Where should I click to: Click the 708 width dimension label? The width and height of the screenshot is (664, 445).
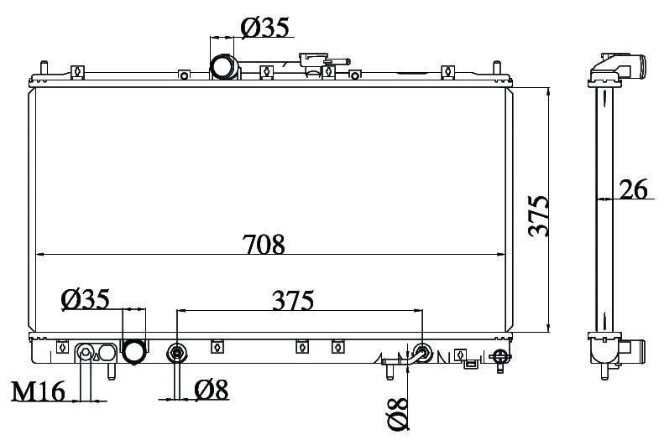coord(264,244)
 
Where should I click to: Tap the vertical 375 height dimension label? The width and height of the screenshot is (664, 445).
coord(539,215)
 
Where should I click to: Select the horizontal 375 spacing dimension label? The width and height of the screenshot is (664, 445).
coord(293,300)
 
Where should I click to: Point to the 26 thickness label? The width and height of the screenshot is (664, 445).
coord(634,189)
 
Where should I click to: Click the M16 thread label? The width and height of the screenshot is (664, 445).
coord(38,391)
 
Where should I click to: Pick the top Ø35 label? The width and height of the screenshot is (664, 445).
coord(265,28)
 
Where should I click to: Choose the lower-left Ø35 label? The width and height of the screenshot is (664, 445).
coord(86,299)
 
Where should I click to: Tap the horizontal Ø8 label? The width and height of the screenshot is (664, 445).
coord(212,389)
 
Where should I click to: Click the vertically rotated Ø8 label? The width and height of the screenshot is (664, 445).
coord(398,414)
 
